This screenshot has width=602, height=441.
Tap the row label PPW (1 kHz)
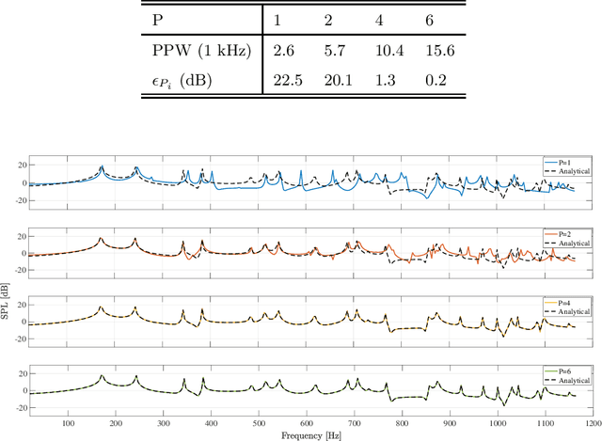click(200, 50)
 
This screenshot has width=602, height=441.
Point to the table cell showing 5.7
click(331, 50)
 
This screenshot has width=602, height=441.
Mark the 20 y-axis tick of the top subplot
click(19, 165)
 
